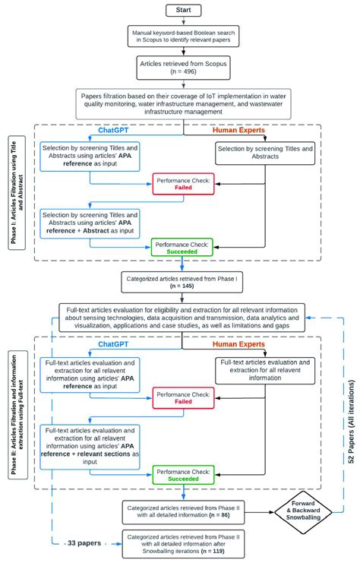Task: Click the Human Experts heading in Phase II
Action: point(242,345)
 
